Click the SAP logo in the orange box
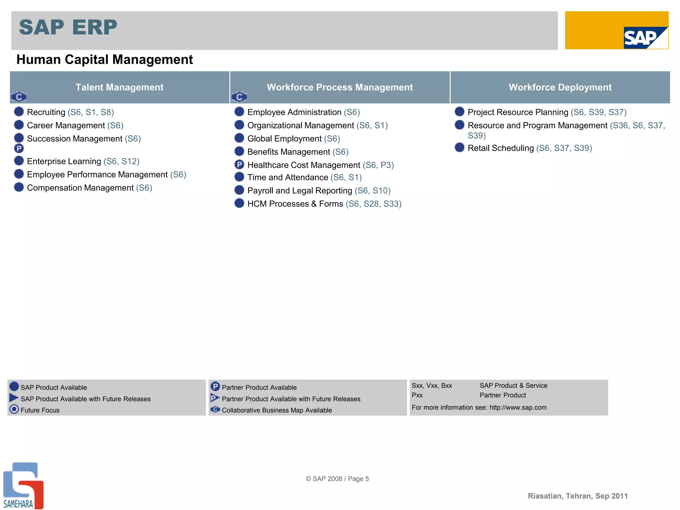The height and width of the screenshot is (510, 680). (x=645, y=38)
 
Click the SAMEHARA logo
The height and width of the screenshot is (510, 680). (x=23, y=485)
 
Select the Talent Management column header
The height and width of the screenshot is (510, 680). (x=120, y=87)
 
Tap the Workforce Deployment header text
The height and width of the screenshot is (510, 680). (x=560, y=87)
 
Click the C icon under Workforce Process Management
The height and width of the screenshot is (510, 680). (x=239, y=97)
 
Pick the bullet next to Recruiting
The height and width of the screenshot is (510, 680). (x=19, y=112)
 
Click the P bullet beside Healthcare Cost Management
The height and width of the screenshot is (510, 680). (x=239, y=164)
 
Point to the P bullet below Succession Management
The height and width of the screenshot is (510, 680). (x=19, y=148)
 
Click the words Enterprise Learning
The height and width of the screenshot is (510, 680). (x=64, y=161)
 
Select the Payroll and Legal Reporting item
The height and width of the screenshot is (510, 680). (x=299, y=191)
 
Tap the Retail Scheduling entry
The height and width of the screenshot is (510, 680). (x=500, y=148)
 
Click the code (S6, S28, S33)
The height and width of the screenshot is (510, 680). (x=373, y=204)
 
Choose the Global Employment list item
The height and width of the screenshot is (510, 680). (x=284, y=139)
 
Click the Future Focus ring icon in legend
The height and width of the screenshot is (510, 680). (x=14, y=409)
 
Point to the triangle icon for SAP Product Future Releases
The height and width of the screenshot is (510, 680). (x=14, y=397)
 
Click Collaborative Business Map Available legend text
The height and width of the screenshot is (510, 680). (x=277, y=410)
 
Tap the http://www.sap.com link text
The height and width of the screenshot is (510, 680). (x=518, y=407)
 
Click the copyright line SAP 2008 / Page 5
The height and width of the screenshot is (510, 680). (x=337, y=478)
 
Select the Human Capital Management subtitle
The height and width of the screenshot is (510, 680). (x=105, y=60)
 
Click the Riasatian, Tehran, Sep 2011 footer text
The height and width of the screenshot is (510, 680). (x=577, y=496)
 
